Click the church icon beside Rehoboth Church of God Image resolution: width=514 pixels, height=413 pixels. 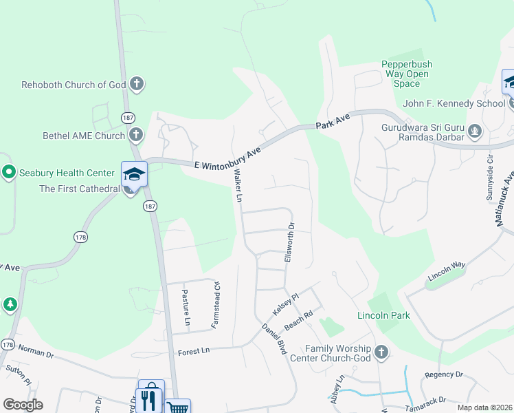(x=137, y=85)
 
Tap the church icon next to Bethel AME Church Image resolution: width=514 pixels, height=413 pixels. (x=136, y=135)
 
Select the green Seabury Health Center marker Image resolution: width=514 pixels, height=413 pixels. (x=9, y=171)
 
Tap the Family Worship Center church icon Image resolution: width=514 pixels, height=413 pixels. (x=381, y=353)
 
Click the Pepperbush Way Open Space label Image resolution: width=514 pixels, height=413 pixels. (x=407, y=74)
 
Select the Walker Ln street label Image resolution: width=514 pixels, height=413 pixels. (x=239, y=186)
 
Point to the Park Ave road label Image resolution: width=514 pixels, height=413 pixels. (x=333, y=123)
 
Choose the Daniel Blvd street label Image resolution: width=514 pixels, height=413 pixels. (x=273, y=339)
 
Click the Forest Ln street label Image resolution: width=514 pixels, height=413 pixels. (x=193, y=352)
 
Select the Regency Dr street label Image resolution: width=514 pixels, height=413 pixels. (x=444, y=374)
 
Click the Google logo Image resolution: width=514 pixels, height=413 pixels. (x=23, y=405)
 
